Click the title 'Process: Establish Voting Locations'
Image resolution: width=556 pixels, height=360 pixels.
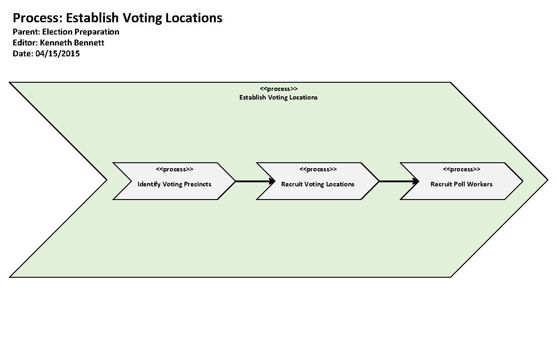(x=117, y=18)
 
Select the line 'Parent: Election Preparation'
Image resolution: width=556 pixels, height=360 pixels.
(x=66, y=32)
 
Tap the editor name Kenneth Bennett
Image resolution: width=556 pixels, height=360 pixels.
(x=72, y=43)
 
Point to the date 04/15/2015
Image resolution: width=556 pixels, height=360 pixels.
(x=57, y=54)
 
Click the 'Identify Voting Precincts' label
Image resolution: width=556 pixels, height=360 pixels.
(x=174, y=184)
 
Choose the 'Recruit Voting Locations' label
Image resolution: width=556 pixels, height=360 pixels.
(x=318, y=184)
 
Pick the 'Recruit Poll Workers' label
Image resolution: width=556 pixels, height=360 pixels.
(x=462, y=184)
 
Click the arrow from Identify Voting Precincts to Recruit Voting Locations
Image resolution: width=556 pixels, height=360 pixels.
(x=254, y=181)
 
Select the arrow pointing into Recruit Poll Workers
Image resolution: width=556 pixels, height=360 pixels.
(x=398, y=181)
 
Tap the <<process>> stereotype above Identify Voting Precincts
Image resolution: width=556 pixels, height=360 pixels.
(x=174, y=170)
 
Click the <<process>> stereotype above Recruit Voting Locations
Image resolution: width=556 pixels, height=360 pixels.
(x=318, y=170)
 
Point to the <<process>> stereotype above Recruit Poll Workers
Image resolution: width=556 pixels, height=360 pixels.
(x=462, y=170)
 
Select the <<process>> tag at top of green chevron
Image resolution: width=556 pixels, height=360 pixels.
(x=279, y=89)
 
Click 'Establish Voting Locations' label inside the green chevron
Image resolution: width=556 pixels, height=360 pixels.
(x=278, y=97)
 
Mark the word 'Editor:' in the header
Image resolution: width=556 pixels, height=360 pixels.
(x=25, y=43)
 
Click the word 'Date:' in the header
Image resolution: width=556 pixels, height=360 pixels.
(x=23, y=54)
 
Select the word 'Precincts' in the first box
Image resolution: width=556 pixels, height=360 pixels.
(x=198, y=184)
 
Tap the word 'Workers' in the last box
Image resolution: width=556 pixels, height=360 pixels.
(x=480, y=184)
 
